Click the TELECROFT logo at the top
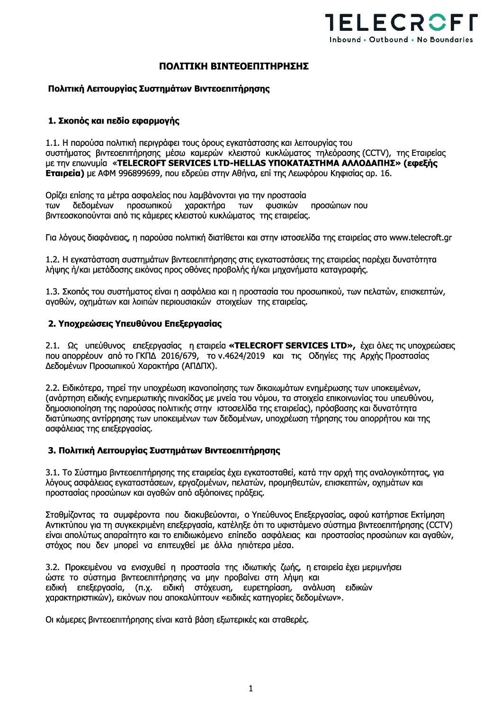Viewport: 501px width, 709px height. pyautogui.click(x=401, y=22)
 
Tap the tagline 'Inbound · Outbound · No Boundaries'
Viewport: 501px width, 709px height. pyautogui.click(x=401, y=40)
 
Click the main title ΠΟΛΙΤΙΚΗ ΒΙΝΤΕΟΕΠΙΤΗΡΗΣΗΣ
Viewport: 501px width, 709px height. pyautogui.click(x=233, y=66)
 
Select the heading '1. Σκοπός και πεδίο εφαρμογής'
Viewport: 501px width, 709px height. pyautogui.click(x=114, y=121)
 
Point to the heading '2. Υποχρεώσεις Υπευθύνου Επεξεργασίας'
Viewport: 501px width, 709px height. pyautogui.click(x=135, y=324)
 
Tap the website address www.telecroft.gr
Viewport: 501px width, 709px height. pyautogui.click(x=420, y=238)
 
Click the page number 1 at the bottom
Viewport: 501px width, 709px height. pyautogui.click(x=250, y=689)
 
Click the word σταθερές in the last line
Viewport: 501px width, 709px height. pyautogui.click(x=290, y=619)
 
